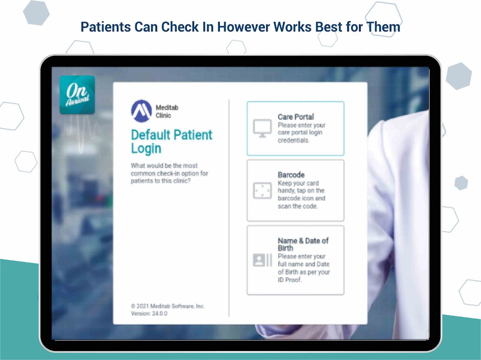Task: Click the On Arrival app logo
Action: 77,94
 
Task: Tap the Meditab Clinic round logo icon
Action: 141,111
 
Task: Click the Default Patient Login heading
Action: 172,142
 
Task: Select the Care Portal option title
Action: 296,117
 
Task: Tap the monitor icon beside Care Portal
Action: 262,128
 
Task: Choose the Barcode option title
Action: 291,175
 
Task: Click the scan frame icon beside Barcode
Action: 262,190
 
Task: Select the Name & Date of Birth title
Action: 303,244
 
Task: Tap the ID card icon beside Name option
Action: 262,260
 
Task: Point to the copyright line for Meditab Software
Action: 168,306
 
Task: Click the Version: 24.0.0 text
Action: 149,314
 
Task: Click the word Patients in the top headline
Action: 106,27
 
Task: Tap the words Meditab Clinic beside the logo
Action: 167,112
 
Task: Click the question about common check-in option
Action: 169,173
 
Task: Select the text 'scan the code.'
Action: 298,206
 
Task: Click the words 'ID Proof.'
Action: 290,280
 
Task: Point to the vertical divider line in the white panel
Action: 229,208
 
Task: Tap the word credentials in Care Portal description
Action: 294,140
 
